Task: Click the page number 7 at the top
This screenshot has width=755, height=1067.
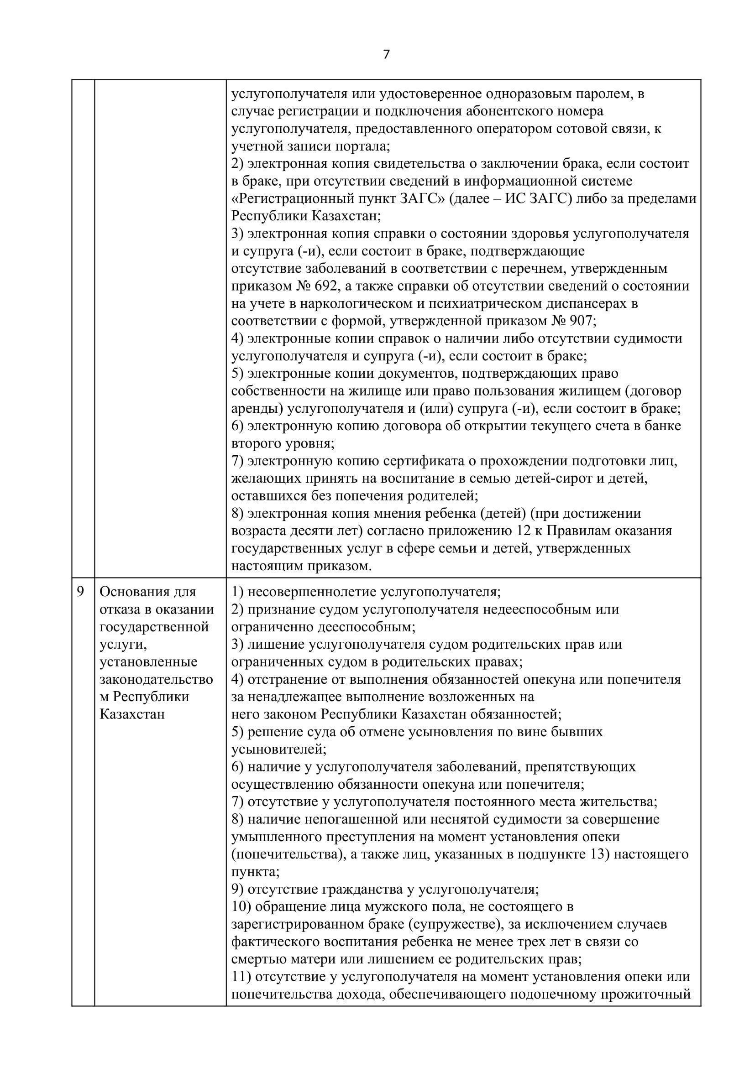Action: pyautogui.click(x=386, y=55)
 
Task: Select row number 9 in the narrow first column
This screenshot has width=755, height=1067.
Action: pyautogui.click(x=80, y=592)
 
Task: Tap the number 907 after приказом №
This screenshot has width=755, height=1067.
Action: pyautogui.click(x=580, y=321)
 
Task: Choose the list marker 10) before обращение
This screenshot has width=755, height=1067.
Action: pyautogui.click(x=241, y=907)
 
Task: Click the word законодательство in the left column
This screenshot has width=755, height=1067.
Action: pyautogui.click(x=156, y=679)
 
